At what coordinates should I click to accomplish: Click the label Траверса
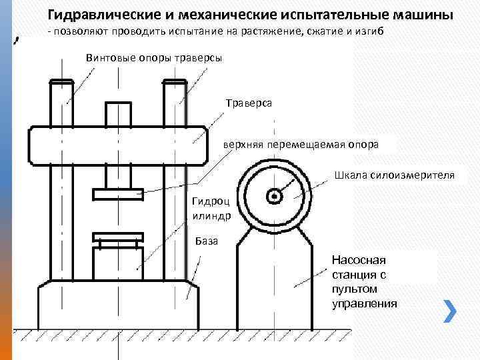point(249,104)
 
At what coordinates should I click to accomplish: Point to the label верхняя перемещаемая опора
point(301,144)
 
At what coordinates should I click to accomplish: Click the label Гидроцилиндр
point(211,207)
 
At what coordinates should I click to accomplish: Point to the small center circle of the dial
point(273,197)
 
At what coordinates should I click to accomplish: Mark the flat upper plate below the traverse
point(119,194)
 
